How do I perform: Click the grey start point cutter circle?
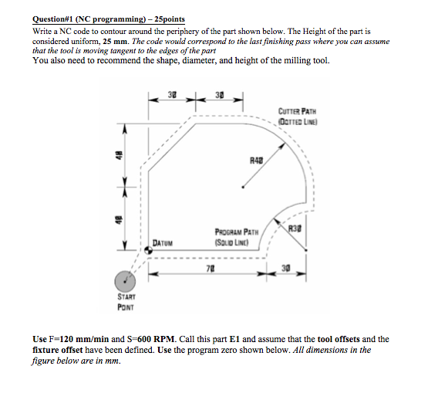click(125, 281)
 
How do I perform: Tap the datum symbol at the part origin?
click(148, 250)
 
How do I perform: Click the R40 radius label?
click(257, 161)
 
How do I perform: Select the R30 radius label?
click(295, 229)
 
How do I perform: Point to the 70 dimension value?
click(211, 269)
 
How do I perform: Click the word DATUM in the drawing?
click(163, 243)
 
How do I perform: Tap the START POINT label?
click(126, 302)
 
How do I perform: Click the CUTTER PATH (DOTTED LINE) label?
click(298, 117)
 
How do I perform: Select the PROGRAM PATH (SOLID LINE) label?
click(237, 237)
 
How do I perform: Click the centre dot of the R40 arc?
click(243, 188)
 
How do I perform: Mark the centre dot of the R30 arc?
click(305, 250)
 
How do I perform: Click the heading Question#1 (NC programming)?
click(89, 19)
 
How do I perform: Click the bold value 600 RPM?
click(156, 339)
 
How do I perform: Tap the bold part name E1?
click(234, 339)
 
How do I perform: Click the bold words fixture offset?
click(58, 350)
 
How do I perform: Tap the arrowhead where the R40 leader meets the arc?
click(282, 146)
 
